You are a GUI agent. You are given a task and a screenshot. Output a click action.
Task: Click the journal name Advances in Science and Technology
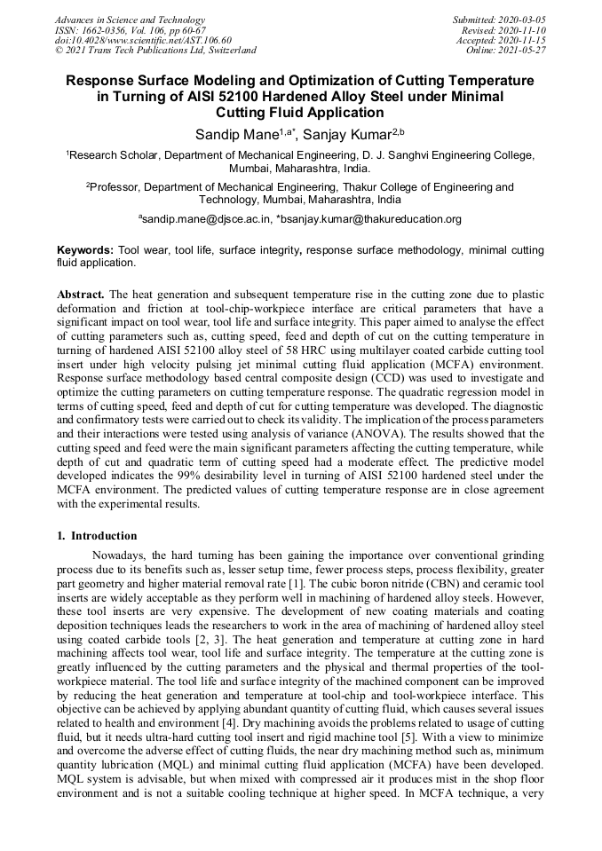coord(130,20)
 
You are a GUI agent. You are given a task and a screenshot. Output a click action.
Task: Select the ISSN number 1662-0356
coord(97,30)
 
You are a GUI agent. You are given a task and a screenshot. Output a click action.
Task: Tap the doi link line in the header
coord(143,41)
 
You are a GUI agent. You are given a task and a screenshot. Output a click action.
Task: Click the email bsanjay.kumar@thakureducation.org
coord(370,219)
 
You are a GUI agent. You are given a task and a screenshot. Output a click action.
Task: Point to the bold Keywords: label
coord(85,251)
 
